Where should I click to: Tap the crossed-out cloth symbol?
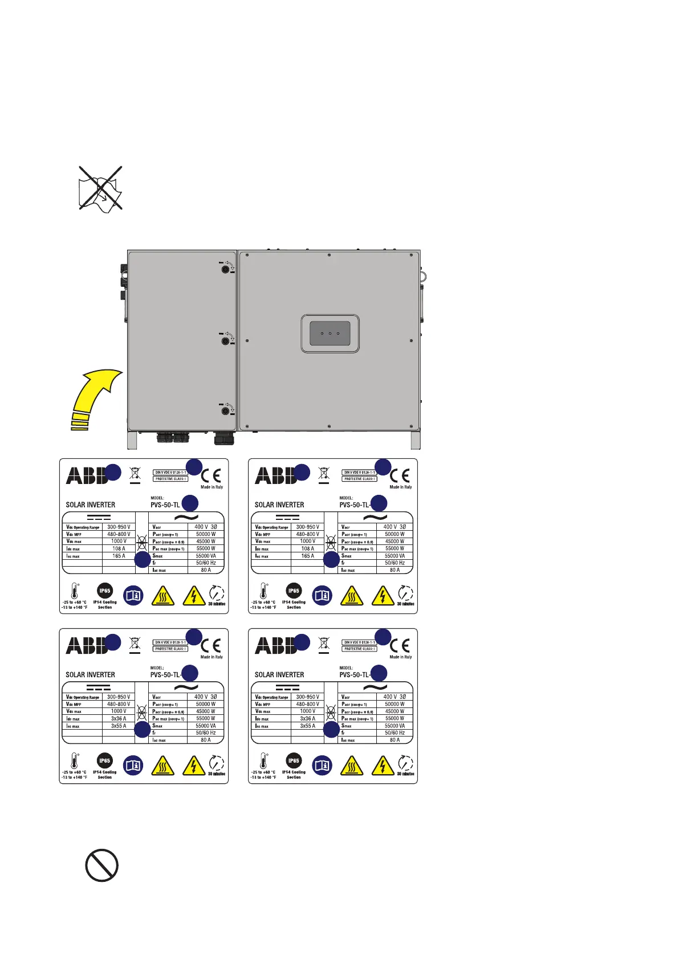[x=100, y=189]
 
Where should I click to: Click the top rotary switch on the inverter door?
[x=225, y=270]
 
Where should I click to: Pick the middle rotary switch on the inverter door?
[x=225, y=341]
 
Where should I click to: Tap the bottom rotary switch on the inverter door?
[x=225, y=410]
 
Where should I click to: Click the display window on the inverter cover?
[x=330, y=333]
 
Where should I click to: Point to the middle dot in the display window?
[x=330, y=333]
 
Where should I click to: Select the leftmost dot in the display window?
[x=322, y=333]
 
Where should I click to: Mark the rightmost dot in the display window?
[x=338, y=333]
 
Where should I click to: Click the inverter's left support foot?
[x=132, y=440]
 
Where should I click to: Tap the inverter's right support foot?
[x=415, y=440]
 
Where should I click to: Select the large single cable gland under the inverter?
[x=223, y=438]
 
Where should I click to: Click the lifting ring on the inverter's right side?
[x=424, y=276]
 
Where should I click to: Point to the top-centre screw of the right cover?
[x=330, y=255]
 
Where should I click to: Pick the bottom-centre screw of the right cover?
[x=330, y=426]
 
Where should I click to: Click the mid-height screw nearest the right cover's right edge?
[x=412, y=341]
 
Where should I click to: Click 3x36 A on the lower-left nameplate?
[x=119, y=719]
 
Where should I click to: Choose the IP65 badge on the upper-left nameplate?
[x=104, y=591]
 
